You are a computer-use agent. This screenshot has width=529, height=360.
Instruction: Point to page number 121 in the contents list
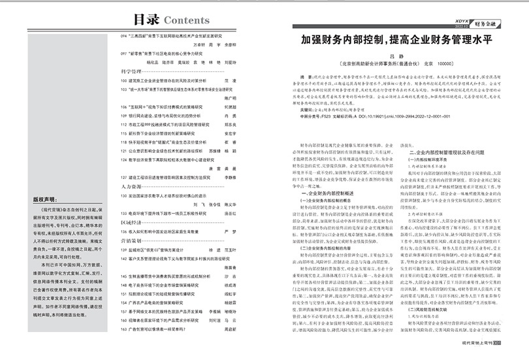124,150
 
